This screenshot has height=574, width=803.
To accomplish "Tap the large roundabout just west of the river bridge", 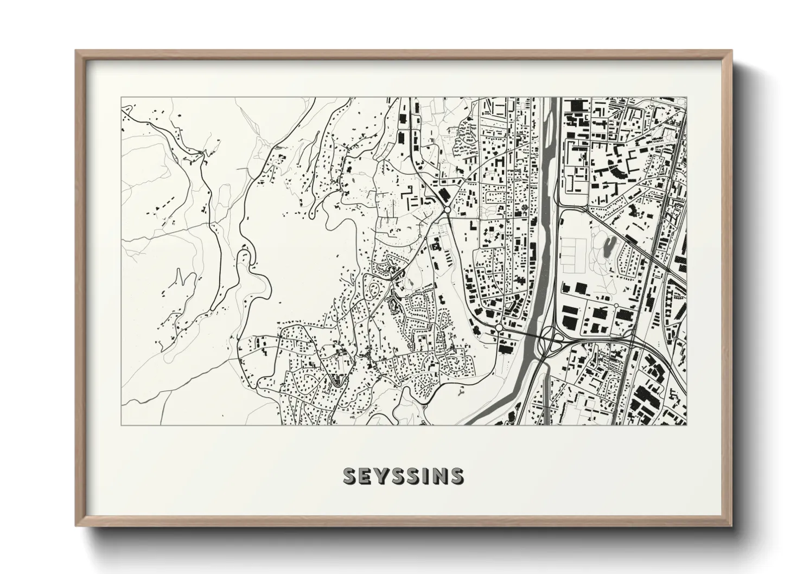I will tap(498, 328).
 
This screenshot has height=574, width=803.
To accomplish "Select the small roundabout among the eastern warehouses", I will tap(616, 307).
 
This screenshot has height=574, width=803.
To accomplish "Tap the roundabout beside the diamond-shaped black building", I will tap(446, 208).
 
